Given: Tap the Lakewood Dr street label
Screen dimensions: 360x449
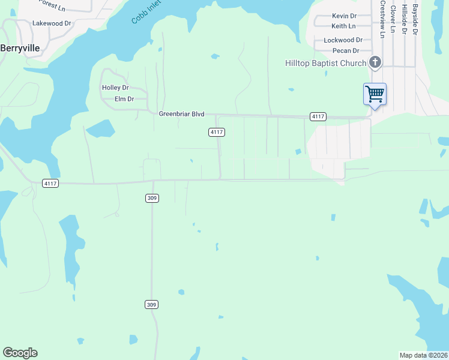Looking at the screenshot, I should pos(52,23).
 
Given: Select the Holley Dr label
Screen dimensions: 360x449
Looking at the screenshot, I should pos(115,88).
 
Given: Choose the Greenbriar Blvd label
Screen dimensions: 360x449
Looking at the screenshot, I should pos(182,114).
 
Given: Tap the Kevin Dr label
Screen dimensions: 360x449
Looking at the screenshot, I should pos(344,16).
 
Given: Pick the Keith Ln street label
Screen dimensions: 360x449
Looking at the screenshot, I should pos(343,26).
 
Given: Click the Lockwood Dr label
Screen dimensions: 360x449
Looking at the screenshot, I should pos(343,40).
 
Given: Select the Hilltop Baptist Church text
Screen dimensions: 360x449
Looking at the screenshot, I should pos(325,63).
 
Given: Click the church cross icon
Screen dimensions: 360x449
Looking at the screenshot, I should pos(375,62).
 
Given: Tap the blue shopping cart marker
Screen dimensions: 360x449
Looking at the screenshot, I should pos(375,94).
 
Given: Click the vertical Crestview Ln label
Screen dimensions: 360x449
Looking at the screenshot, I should pos(382,19).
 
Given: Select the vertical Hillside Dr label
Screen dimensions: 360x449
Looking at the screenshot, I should pos(405,19).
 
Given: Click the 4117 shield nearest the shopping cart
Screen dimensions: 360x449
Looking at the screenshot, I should pos(318,116).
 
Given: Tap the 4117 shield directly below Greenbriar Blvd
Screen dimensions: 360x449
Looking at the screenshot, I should pos(217,132).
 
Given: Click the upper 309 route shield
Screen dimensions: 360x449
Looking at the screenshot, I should pos(152,198).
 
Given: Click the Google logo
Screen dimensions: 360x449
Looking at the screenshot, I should pos(20,353).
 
